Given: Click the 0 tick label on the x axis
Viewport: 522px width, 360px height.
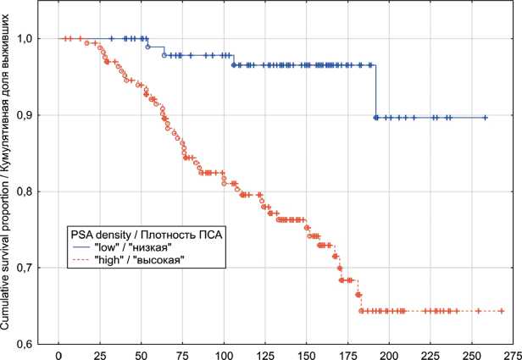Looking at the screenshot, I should pyautogui.click(x=58, y=352).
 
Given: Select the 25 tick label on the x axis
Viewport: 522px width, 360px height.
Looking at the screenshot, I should pyautogui.click(x=100, y=352).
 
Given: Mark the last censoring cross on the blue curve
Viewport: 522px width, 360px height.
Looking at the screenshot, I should pyautogui.click(x=486, y=118).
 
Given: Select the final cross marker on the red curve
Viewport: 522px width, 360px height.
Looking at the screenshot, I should pyautogui.click(x=502, y=311).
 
